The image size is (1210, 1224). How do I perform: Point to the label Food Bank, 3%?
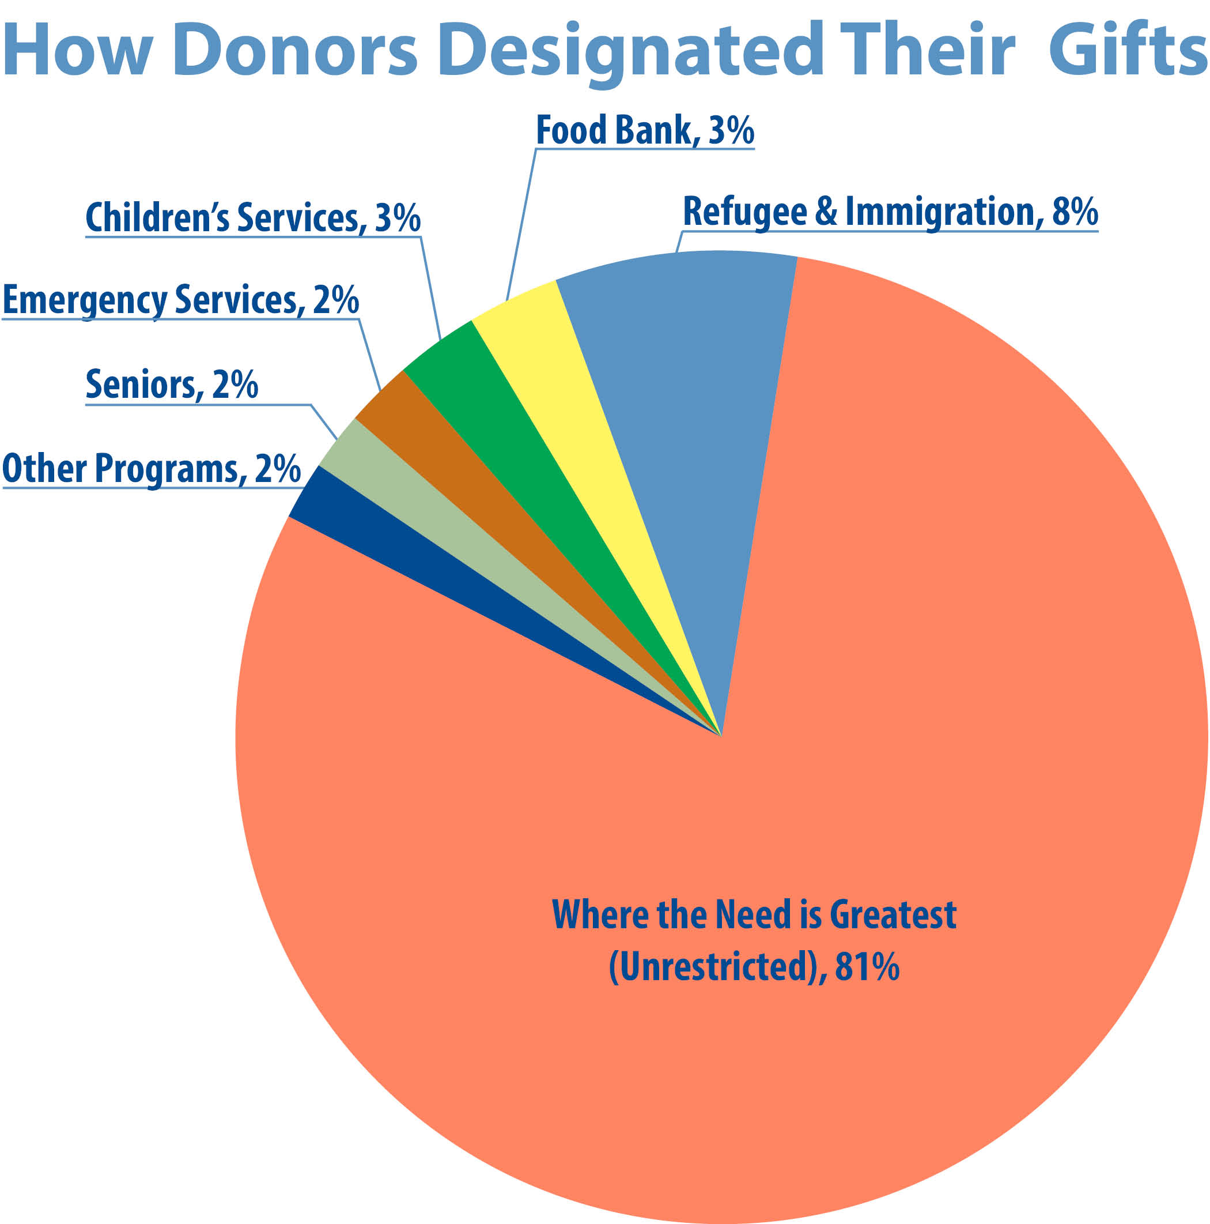[645, 130]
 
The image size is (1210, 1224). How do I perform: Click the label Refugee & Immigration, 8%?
[890, 212]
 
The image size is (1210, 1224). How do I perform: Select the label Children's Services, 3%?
[252, 218]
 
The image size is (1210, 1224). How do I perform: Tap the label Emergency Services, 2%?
[180, 300]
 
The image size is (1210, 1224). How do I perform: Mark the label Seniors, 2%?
[172, 384]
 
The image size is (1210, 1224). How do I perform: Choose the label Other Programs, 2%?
[152, 469]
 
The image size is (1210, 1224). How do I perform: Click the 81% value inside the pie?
[866, 967]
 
